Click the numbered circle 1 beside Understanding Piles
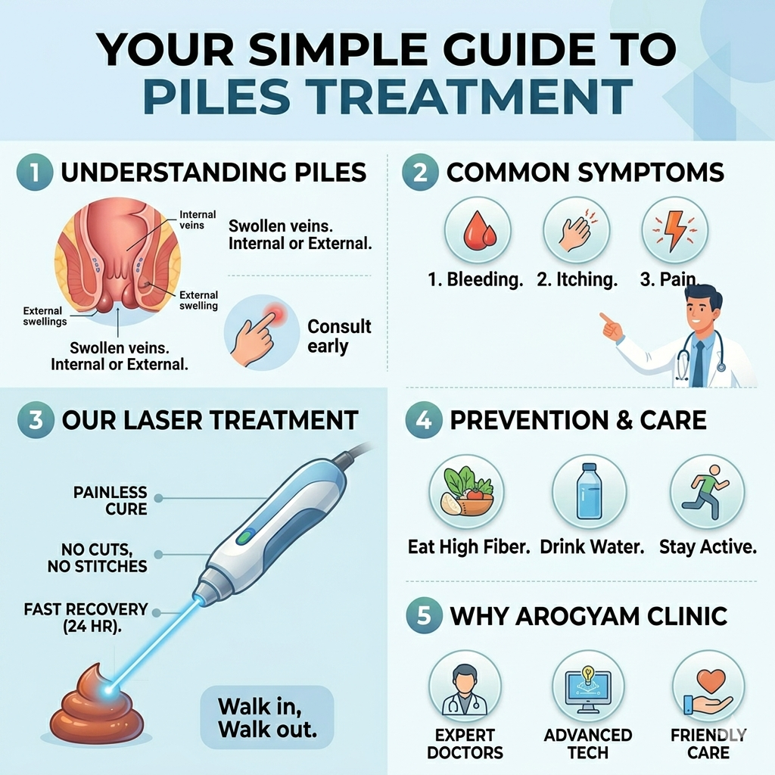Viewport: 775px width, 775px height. (x=35, y=173)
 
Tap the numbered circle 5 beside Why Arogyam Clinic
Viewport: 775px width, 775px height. (x=424, y=616)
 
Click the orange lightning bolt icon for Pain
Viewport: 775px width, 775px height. (x=674, y=230)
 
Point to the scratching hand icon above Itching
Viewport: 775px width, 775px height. (x=576, y=230)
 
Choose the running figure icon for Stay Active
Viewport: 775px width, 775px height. (x=706, y=491)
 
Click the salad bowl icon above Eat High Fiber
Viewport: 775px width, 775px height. (x=467, y=492)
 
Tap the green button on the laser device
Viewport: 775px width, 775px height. (x=245, y=537)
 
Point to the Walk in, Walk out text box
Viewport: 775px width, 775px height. (x=267, y=717)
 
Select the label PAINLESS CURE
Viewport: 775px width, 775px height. (x=110, y=500)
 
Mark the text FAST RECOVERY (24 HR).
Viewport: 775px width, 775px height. (x=86, y=618)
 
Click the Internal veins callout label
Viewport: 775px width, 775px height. (x=198, y=220)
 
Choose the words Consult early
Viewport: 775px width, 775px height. (x=339, y=336)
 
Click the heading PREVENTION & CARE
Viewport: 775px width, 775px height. (x=578, y=420)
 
